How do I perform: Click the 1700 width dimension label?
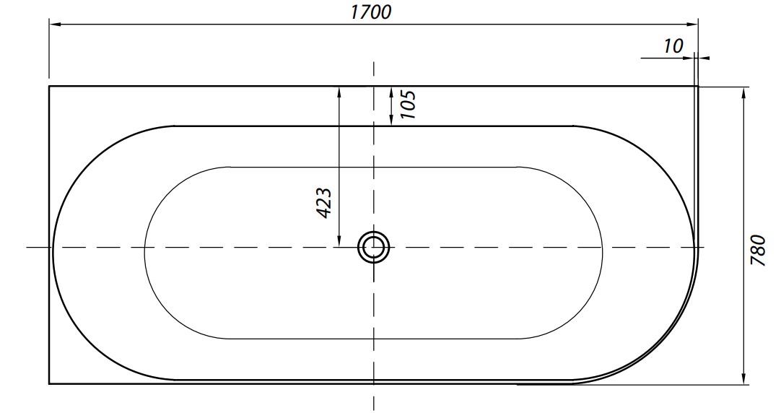(x=371, y=12)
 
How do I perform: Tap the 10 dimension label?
(x=673, y=45)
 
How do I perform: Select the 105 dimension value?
(x=407, y=104)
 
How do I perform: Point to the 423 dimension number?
(x=324, y=203)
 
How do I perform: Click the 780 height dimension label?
(x=758, y=250)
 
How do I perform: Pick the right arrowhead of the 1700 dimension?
(x=692, y=23)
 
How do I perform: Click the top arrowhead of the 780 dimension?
(x=743, y=92)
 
